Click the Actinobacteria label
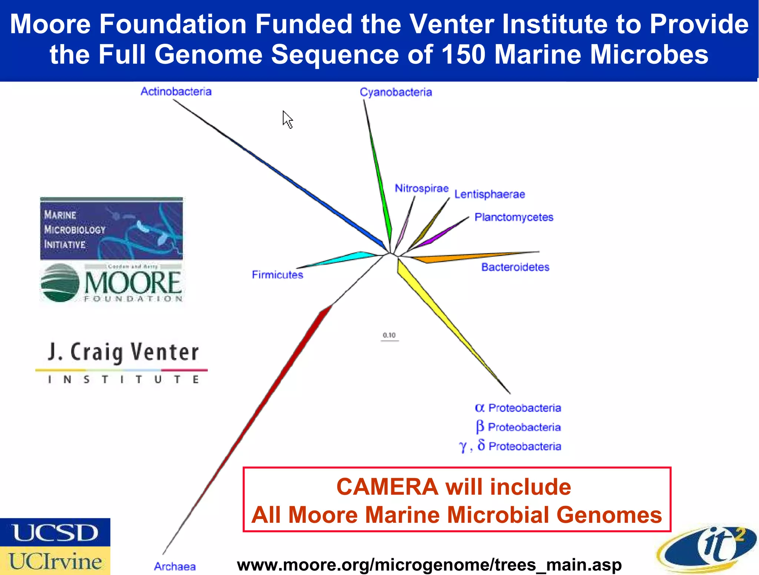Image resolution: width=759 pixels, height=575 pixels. pos(176,91)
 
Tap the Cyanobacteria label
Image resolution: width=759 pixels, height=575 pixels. pos(396,92)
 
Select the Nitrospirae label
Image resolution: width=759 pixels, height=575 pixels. pos(421,188)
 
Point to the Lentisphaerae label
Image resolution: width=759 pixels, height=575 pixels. pos(490,194)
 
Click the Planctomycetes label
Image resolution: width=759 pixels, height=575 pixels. pos(514,217)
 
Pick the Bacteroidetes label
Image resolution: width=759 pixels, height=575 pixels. pos(515,267)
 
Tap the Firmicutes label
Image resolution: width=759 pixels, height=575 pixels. pos(277,275)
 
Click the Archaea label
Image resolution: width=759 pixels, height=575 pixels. pos(175,566)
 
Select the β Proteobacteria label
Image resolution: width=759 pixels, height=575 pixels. pos(518,427)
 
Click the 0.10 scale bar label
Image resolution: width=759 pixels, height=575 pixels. pos(389,335)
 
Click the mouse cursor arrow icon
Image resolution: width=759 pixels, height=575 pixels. pos(287,119)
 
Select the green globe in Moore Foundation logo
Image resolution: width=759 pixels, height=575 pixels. pos(60,283)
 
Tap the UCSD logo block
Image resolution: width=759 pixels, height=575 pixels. pos(55,532)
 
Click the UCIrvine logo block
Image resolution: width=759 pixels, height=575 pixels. pos(55,561)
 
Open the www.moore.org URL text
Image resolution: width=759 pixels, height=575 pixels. pos(429,565)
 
